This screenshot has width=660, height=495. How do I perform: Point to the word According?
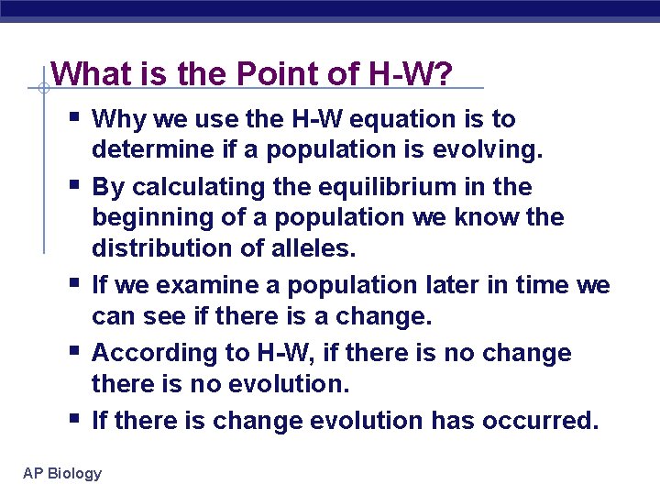click(149, 353)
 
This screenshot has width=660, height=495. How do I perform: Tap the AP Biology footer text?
click(62, 473)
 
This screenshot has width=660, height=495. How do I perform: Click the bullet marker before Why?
click(73, 116)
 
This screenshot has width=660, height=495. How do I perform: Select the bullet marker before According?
click(73, 350)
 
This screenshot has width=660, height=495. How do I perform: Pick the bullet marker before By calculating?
click(73, 184)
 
